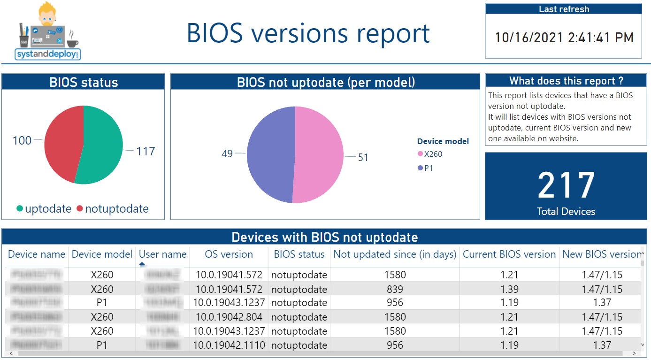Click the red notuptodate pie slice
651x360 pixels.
(x=63, y=141)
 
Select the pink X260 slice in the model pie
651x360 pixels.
(x=319, y=155)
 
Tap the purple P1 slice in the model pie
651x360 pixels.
(x=270, y=155)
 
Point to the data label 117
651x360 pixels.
(x=145, y=151)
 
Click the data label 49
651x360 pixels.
(x=227, y=153)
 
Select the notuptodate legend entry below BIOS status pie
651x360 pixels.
(x=116, y=209)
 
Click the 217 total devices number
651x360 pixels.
(x=566, y=186)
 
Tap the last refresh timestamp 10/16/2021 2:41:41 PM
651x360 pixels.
(x=564, y=38)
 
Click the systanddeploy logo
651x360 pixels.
(x=48, y=32)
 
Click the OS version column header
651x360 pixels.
(x=229, y=254)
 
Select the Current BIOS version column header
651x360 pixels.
(x=509, y=254)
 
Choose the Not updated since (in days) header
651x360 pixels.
(x=395, y=254)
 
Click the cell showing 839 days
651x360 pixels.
(x=395, y=289)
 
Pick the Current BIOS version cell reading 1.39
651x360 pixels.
(x=509, y=289)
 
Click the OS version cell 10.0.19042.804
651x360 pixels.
(x=229, y=317)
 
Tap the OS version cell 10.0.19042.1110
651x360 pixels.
(x=229, y=345)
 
